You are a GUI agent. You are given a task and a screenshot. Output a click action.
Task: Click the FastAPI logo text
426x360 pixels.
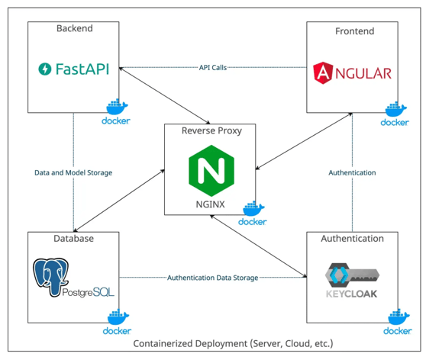click(82, 69)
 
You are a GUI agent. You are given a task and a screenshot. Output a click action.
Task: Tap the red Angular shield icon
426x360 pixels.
click(323, 72)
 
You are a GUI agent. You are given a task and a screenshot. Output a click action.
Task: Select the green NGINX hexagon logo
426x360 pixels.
click(211, 171)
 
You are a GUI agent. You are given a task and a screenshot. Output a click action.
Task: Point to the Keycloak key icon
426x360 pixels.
click(352, 275)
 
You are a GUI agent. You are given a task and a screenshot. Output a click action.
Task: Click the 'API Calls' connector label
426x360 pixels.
click(213, 68)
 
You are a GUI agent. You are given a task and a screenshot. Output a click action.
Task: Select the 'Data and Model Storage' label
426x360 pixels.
click(73, 172)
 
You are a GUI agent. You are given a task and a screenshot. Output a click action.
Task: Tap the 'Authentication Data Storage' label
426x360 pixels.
click(212, 278)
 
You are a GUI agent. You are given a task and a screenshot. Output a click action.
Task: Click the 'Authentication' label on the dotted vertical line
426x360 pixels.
click(352, 172)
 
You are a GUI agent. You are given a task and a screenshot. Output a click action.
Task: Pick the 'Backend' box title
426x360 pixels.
click(75, 28)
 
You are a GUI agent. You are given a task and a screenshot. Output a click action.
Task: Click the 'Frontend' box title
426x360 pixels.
click(354, 31)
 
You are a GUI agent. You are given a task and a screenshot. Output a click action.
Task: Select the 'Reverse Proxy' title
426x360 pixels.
click(211, 131)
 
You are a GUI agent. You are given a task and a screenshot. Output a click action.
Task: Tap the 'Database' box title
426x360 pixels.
click(73, 239)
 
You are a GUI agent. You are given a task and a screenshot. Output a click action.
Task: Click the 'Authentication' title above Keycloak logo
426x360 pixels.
click(353, 239)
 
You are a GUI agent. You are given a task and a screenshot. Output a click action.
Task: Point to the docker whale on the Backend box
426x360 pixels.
click(117, 107)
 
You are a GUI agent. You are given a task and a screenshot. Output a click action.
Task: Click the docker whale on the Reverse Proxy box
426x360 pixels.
click(253, 208)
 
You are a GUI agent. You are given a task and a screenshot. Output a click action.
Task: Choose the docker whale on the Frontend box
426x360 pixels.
click(395, 109)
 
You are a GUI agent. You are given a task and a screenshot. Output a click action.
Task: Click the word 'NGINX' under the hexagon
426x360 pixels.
click(210, 204)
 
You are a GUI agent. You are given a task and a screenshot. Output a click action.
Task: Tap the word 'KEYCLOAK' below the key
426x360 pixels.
click(351, 294)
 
